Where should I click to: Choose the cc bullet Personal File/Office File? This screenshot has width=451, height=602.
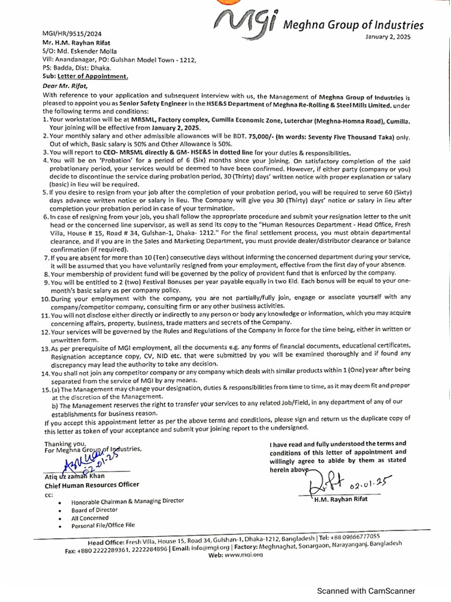(103, 525)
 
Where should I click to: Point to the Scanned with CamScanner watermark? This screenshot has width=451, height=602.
(366, 591)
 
